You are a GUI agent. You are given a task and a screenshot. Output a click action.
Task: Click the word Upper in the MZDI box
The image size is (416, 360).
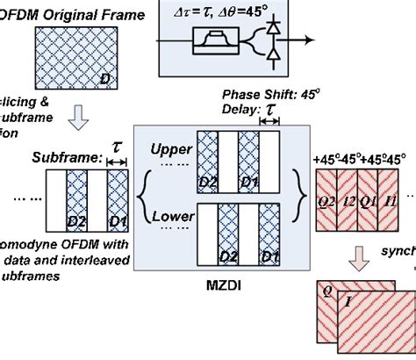(170, 149)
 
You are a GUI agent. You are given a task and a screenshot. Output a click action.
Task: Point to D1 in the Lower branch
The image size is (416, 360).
(270, 256)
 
